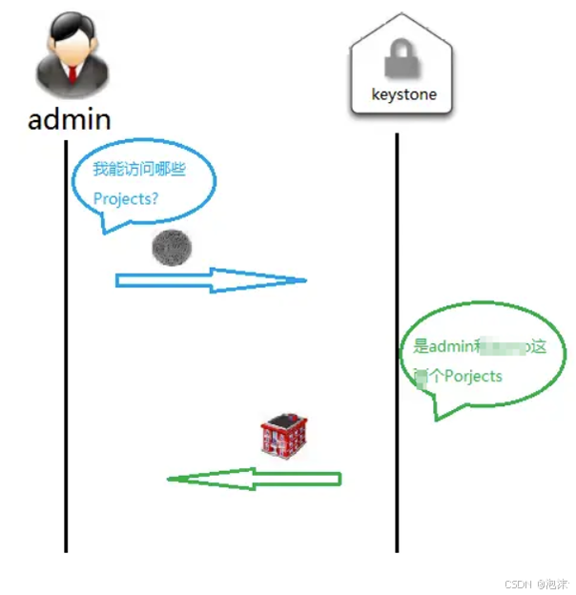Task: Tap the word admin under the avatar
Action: click(x=69, y=119)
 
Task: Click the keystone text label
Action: click(x=403, y=95)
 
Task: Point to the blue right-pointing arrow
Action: click(x=210, y=280)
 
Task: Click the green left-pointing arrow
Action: click(x=254, y=478)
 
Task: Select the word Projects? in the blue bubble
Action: click(x=126, y=200)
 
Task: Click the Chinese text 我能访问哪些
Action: click(x=138, y=170)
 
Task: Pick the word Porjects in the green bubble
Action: click(x=473, y=376)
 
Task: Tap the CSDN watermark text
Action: click(x=518, y=583)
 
